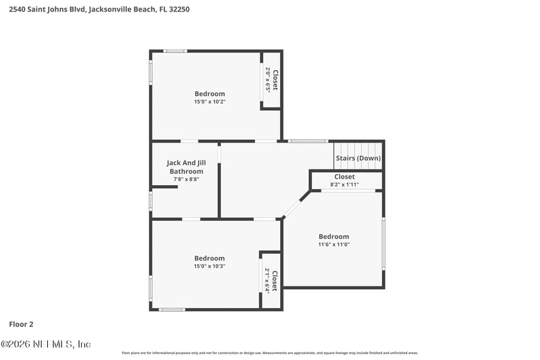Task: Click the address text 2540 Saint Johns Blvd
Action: click(x=47, y=9)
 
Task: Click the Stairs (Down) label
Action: click(x=358, y=158)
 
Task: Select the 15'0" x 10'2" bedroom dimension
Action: click(x=210, y=102)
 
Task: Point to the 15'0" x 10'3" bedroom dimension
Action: click(x=210, y=266)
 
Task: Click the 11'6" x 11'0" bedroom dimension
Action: click(x=334, y=245)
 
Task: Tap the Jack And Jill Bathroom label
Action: click(x=185, y=167)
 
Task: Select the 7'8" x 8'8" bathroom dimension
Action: click(x=185, y=180)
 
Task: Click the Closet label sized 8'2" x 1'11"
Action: click(x=344, y=177)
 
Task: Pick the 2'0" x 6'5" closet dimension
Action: click(x=268, y=79)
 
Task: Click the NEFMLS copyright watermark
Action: click(x=46, y=344)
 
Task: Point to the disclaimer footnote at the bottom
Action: click(x=270, y=353)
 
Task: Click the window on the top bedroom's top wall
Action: click(x=175, y=51)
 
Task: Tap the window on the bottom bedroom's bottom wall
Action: click(x=172, y=309)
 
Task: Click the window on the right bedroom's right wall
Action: click(x=383, y=243)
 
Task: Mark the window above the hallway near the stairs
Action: click(x=308, y=141)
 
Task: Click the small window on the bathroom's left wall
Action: click(x=151, y=201)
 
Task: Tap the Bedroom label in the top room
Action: click(x=210, y=94)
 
